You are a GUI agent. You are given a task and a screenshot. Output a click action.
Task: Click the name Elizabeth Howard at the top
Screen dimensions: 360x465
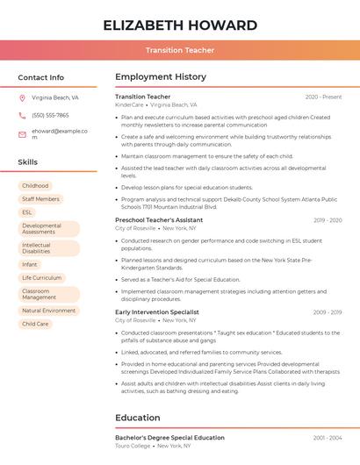point(180,25)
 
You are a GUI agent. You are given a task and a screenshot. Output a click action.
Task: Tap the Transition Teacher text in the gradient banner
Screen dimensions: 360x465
point(180,50)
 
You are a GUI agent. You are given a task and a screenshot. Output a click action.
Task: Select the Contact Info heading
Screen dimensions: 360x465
point(41,77)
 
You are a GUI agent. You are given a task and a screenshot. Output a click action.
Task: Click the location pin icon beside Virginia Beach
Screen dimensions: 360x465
point(22,98)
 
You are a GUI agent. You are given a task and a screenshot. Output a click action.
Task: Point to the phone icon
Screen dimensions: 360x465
point(22,115)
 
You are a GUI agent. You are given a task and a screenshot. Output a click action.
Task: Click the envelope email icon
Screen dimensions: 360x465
point(22,134)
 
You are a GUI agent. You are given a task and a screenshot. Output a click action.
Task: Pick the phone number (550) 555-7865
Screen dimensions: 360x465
point(50,115)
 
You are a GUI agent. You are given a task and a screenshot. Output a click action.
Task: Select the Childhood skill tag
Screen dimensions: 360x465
point(35,186)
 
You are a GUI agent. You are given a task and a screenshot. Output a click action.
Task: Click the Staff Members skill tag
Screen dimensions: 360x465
point(40,199)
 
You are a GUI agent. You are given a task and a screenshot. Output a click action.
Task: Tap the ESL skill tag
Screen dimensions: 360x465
point(27,212)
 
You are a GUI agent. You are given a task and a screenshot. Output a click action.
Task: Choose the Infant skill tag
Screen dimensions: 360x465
point(30,264)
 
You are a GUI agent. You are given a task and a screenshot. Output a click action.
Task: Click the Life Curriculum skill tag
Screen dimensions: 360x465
point(41,277)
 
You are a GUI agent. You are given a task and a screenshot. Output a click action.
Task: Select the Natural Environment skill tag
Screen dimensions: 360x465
point(48,311)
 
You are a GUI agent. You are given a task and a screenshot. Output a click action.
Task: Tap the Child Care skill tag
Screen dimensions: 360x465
point(35,324)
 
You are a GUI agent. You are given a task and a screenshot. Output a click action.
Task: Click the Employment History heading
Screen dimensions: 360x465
point(161,77)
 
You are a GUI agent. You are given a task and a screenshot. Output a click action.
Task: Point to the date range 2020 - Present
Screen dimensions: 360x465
point(323,97)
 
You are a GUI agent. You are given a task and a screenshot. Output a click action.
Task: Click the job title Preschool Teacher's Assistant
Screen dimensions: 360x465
point(159,219)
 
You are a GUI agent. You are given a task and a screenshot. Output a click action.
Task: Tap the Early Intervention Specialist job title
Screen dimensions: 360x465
point(157,312)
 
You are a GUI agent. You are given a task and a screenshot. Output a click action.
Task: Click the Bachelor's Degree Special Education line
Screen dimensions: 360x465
point(169,437)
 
